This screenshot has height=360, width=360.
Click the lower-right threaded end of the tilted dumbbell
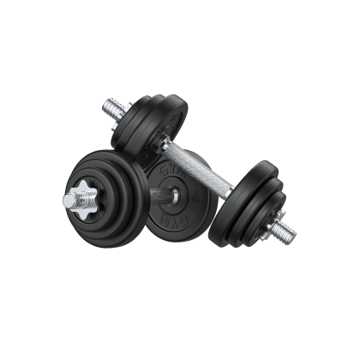tap(288, 230)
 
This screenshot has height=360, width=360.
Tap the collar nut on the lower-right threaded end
tap(273, 222)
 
